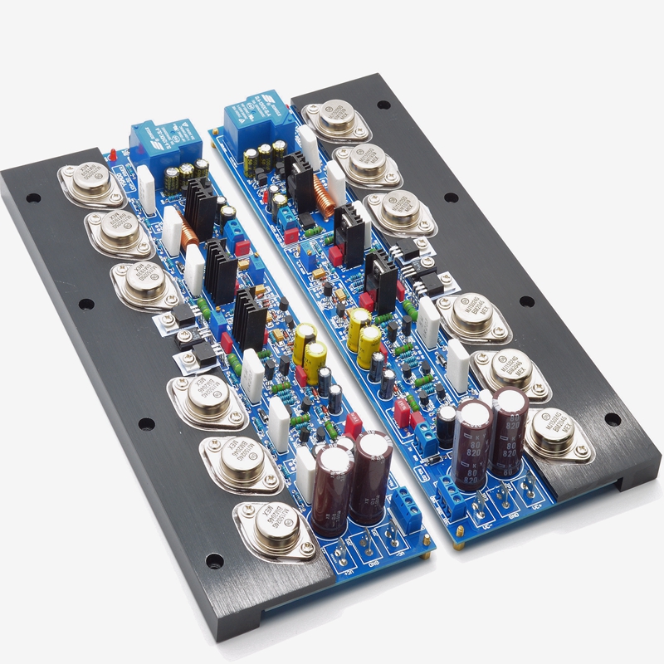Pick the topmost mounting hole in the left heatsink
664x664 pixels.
35,199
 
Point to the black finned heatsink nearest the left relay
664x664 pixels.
199,203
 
